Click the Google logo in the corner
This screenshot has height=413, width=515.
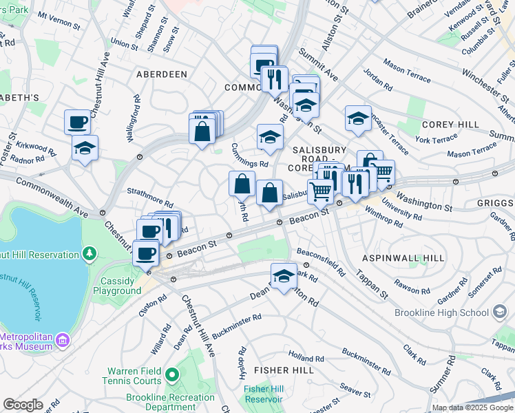(x=23, y=405)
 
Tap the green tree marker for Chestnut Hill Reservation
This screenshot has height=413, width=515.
(x=89, y=255)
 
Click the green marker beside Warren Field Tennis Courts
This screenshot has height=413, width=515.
(x=171, y=375)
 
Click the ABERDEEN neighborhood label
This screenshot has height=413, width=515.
(x=162, y=74)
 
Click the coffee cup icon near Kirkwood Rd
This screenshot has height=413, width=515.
(x=78, y=122)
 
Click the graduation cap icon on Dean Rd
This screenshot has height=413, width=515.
(x=284, y=275)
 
